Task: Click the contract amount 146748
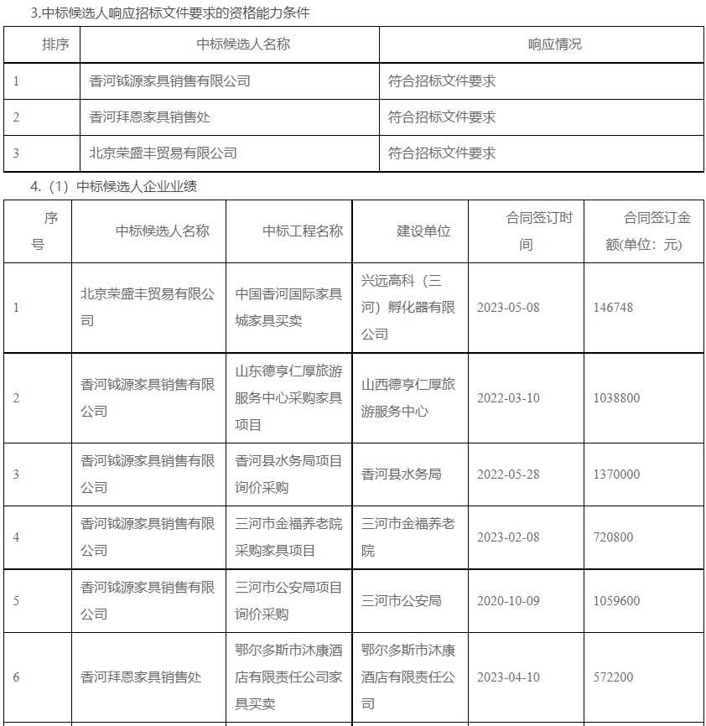613,308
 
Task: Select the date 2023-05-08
508,308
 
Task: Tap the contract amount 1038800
616,398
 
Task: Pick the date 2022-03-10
508,398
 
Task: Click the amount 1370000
616,474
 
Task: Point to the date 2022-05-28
508,474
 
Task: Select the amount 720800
613,537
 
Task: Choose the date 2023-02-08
508,537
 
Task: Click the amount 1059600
616,601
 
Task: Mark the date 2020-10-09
508,601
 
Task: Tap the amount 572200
613,677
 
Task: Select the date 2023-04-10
508,677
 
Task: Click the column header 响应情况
554,44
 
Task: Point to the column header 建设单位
423,231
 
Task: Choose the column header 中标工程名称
303,231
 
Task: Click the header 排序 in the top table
55,44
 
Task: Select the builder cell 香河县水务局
401,474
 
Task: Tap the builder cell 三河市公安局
401,601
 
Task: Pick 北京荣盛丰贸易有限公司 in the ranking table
163,153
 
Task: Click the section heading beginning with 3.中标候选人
169,13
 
